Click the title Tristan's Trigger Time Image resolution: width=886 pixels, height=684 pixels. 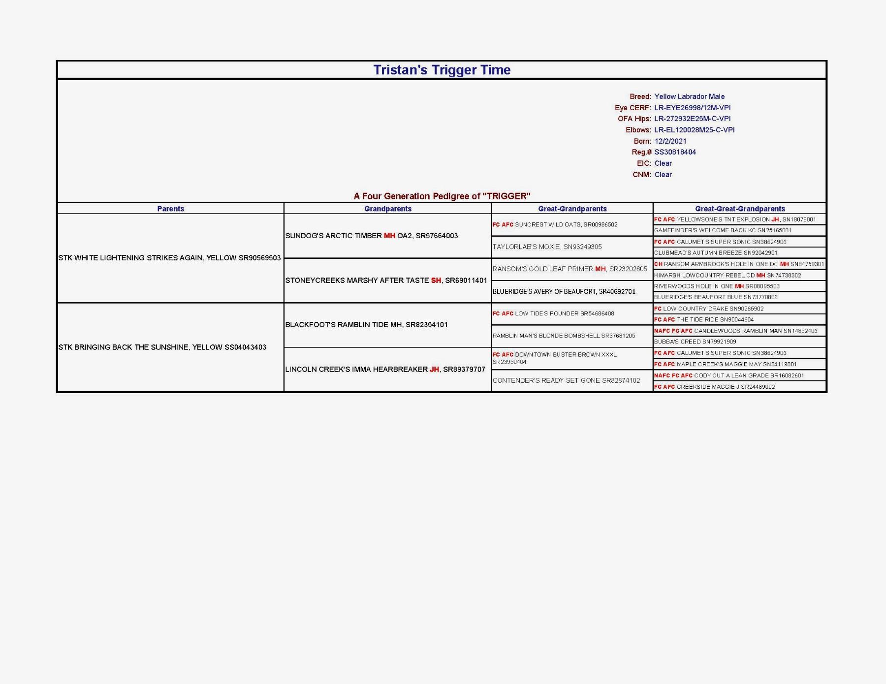tap(442, 70)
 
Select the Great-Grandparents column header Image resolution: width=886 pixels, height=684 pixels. tap(572, 209)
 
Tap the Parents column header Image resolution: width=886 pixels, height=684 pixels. tap(170, 209)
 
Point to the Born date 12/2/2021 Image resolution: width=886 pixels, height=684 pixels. tap(670, 141)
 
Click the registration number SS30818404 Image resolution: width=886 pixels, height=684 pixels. tap(675, 152)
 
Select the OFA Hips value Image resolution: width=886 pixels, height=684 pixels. tap(692, 119)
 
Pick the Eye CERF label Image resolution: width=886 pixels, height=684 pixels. tap(633, 108)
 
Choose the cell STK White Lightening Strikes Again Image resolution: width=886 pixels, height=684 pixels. tap(169, 258)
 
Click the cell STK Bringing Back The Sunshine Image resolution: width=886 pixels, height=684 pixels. tap(162, 347)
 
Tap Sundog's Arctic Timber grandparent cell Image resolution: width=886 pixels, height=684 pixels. tap(372, 236)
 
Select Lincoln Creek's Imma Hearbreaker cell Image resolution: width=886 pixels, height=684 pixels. tap(385, 370)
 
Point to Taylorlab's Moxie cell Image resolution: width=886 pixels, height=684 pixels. tap(547, 247)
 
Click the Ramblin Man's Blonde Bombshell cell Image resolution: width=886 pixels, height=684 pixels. tap(564, 336)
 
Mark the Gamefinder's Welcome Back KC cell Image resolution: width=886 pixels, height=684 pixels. tap(723, 230)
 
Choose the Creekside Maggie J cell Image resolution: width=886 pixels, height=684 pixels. tap(714, 387)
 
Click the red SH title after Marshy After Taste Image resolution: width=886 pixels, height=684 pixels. tap(436, 280)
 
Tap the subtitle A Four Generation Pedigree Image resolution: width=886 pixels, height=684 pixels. tap(442, 196)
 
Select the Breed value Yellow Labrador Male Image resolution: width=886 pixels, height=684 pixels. tap(689, 96)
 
